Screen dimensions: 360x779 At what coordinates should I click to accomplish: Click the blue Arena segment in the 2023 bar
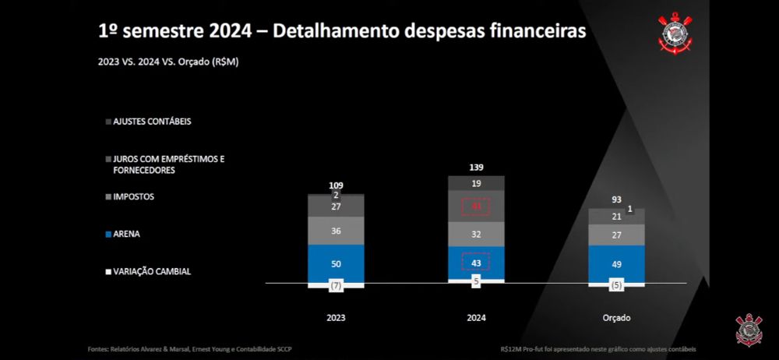(336, 263)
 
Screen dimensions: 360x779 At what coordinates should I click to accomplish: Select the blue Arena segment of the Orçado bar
(616, 263)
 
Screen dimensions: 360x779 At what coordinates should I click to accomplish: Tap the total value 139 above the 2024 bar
(476, 168)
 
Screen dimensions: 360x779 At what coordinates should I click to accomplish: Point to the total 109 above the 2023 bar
(336, 185)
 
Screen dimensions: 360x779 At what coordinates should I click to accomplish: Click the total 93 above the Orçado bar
(616, 200)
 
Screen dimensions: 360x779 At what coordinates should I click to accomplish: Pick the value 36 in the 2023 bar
(336, 231)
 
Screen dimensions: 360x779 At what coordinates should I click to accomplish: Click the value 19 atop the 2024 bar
(476, 183)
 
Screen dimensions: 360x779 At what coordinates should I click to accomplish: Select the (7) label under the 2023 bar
(336, 286)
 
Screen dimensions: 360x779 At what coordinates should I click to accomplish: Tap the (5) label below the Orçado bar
(616, 285)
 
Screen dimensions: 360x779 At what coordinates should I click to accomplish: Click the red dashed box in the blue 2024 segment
(476, 262)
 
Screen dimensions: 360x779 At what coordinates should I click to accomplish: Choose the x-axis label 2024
(476, 318)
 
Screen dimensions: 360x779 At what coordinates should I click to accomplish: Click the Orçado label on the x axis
(616, 318)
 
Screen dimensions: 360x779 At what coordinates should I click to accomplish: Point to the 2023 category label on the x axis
(336, 318)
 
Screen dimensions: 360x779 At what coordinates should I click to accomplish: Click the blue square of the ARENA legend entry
(108, 234)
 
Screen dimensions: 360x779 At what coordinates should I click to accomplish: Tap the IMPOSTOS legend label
(133, 196)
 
